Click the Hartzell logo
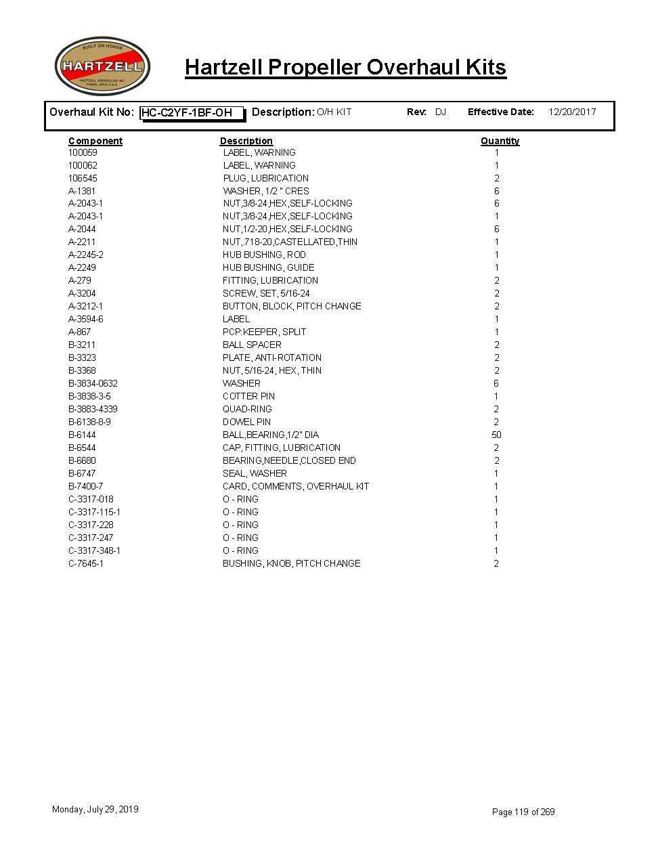point(102,66)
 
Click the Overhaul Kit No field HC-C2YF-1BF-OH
point(192,113)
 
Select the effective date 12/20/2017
point(572,112)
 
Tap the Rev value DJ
point(441,112)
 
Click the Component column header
point(95,141)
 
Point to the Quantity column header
point(500,141)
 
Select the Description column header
point(246,141)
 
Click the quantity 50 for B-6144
point(496,435)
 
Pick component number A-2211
point(82,242)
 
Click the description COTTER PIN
point(248,396)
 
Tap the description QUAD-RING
point(247,409)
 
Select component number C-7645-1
point(86,563)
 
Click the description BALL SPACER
point(252,345)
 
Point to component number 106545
point(83,178)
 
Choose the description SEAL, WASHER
point(255,473)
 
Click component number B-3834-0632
point(93,383)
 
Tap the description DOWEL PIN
point(246,422)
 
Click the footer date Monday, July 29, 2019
point(95,809)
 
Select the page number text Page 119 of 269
point(523,812)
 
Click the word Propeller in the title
point(315,68)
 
